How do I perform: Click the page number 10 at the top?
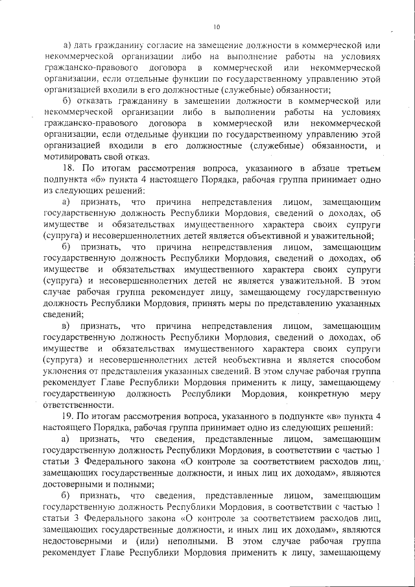click(x=217, y=27)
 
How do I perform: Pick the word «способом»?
click(x=355, y=360)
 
